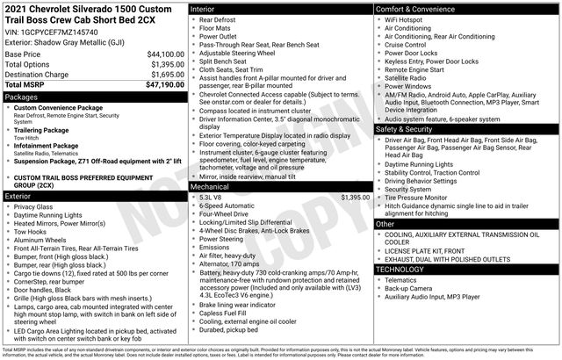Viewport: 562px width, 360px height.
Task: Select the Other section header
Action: [385, 224]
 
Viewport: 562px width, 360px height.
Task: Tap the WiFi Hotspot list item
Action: [410, 18]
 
